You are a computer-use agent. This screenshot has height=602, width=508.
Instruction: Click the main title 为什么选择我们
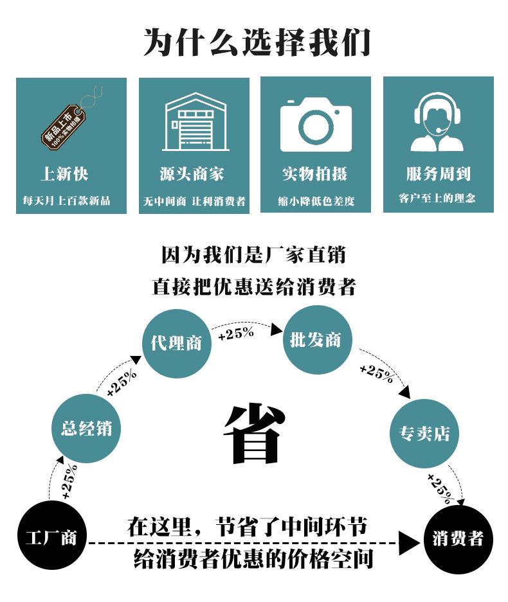[x=257, y=42]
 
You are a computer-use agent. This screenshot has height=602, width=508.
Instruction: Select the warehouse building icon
[x=195, y=121]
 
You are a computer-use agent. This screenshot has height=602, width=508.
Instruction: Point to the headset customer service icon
[x=437, y=121]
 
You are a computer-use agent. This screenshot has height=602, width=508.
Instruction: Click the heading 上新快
[x=64, y=174]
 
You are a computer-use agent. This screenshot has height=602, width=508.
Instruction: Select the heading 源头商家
[x=192, y=174]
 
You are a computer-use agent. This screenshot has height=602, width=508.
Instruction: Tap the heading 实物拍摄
[x=315, y=174]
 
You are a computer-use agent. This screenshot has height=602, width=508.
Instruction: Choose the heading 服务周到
[x=438, y=173]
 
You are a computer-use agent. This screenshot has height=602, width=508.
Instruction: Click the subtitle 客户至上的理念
[x=437, y=198]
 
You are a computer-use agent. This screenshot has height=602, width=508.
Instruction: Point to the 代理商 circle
[x=177, y=343]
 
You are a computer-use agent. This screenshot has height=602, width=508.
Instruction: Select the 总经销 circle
[x=86, y=428]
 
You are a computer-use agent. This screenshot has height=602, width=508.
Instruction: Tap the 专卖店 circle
[x=424, y=433]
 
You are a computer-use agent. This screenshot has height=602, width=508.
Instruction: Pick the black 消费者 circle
[x=458, y=538]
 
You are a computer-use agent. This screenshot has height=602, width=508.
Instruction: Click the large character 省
[x=255, y=433]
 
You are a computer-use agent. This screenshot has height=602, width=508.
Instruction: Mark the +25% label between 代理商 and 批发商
[x=236, y=333]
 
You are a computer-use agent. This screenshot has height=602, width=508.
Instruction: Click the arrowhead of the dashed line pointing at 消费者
[x=409, y=543]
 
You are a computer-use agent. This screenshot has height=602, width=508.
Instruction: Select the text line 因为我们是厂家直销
[x=253, y=255]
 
